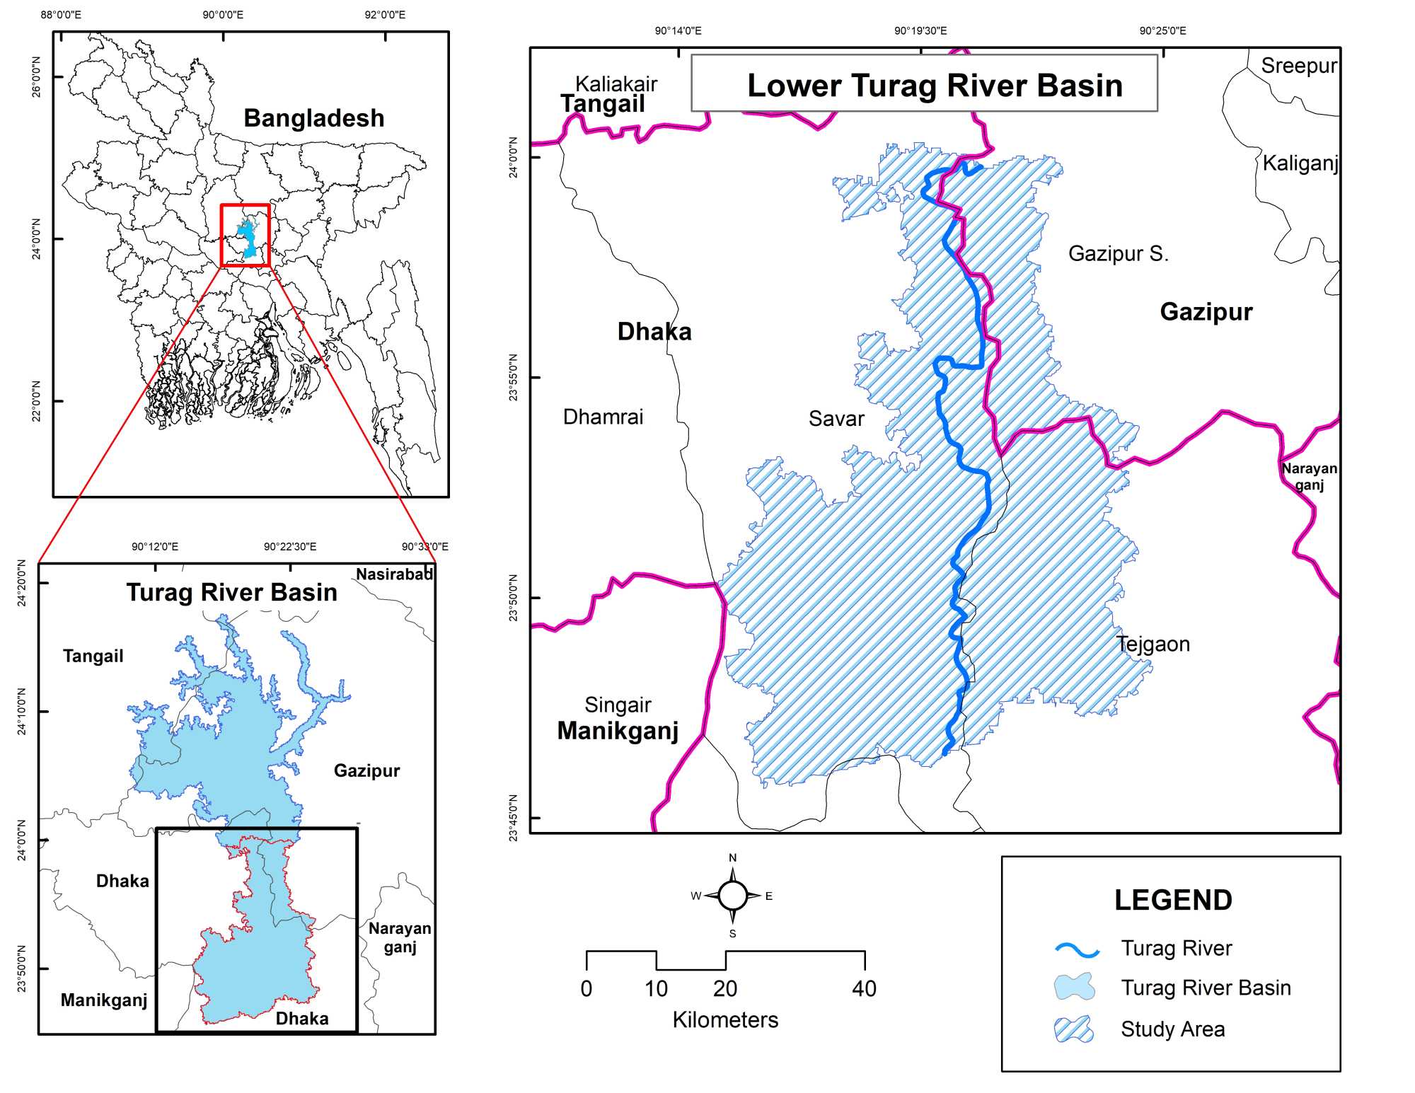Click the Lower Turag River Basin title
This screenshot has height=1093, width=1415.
[935, 86]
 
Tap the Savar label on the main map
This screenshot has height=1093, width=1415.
[836, 419]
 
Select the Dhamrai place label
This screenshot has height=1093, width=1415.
[603, 417]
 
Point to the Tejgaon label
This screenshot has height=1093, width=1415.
[1153, 644]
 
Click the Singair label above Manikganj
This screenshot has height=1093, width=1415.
[618, 705]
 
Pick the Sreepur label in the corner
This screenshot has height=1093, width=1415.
[1298, 66]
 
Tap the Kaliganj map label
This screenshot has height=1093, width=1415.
[1300, 163]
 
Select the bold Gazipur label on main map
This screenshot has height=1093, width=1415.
[1206, 312]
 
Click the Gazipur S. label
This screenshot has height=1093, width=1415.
[1118, 253]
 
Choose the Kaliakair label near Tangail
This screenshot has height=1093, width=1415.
[616, 83]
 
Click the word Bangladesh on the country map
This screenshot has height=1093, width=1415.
[314, 118]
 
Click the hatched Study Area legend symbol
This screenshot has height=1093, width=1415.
[1074, 1029]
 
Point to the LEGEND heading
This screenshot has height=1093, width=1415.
[1173, 900]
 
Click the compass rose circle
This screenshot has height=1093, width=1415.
[732, 896]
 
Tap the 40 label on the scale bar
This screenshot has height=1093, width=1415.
[864, 988]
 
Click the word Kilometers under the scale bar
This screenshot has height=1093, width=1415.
[725, 1019]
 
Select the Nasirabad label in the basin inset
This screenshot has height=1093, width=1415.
[394, 574]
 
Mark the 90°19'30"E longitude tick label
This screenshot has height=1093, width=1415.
[920, 30]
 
